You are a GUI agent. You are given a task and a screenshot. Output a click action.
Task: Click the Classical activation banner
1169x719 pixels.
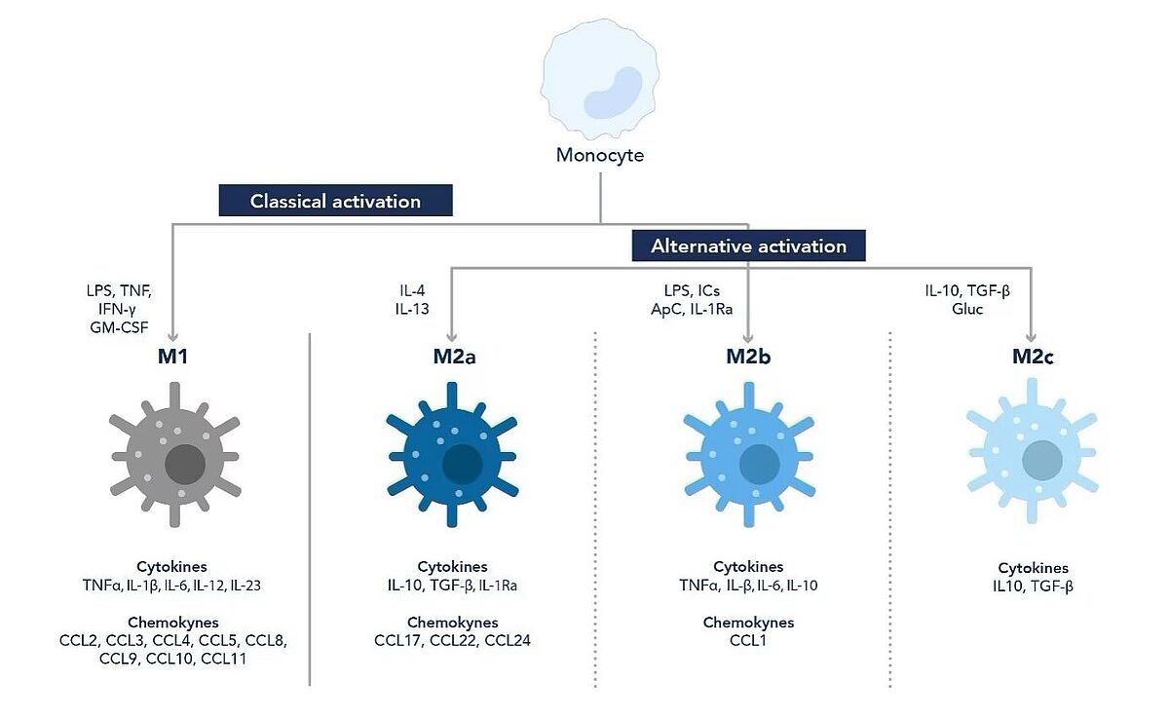pos(335,200)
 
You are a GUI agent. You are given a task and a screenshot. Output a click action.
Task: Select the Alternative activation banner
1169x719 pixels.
pos(748,246)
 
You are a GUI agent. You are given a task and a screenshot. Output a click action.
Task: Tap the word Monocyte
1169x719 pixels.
pos(600,155)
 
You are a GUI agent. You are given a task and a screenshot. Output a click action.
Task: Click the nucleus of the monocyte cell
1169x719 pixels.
pos(613,93)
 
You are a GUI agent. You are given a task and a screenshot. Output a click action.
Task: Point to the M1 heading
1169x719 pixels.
pos(172,357)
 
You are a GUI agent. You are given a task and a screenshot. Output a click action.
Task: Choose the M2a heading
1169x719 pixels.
pos(454,357)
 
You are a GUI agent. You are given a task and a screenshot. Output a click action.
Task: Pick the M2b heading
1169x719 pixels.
pos(748,357)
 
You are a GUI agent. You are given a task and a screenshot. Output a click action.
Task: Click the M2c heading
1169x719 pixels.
pos(1033,357)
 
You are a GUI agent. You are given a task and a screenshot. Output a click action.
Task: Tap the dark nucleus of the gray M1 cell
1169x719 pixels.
pos(185,465)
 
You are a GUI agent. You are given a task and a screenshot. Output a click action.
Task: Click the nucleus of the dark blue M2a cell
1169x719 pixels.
pos(463,465)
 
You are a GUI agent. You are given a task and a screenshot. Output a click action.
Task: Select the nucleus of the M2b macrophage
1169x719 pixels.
pos(760,465)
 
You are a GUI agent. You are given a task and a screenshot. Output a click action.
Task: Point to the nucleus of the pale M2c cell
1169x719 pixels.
pos(1042,460)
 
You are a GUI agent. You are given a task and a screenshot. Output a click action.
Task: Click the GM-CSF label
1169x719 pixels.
pos(119,327)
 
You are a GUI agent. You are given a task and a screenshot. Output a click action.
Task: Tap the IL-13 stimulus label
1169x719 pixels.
pos(412,309)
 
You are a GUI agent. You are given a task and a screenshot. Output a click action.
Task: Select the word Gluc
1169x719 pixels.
pos(967,309)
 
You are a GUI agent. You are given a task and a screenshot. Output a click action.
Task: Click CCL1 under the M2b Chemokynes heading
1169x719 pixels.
pos(748,640)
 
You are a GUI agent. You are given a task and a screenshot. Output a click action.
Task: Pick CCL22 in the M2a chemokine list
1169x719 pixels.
pos(452,640)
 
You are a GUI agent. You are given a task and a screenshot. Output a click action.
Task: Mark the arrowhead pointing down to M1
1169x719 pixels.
pos(172,336)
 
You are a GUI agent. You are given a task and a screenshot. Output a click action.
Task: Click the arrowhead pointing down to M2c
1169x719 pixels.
pos(1032,336)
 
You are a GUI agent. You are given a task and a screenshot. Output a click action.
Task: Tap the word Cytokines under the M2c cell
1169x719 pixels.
pos(1034,568)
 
